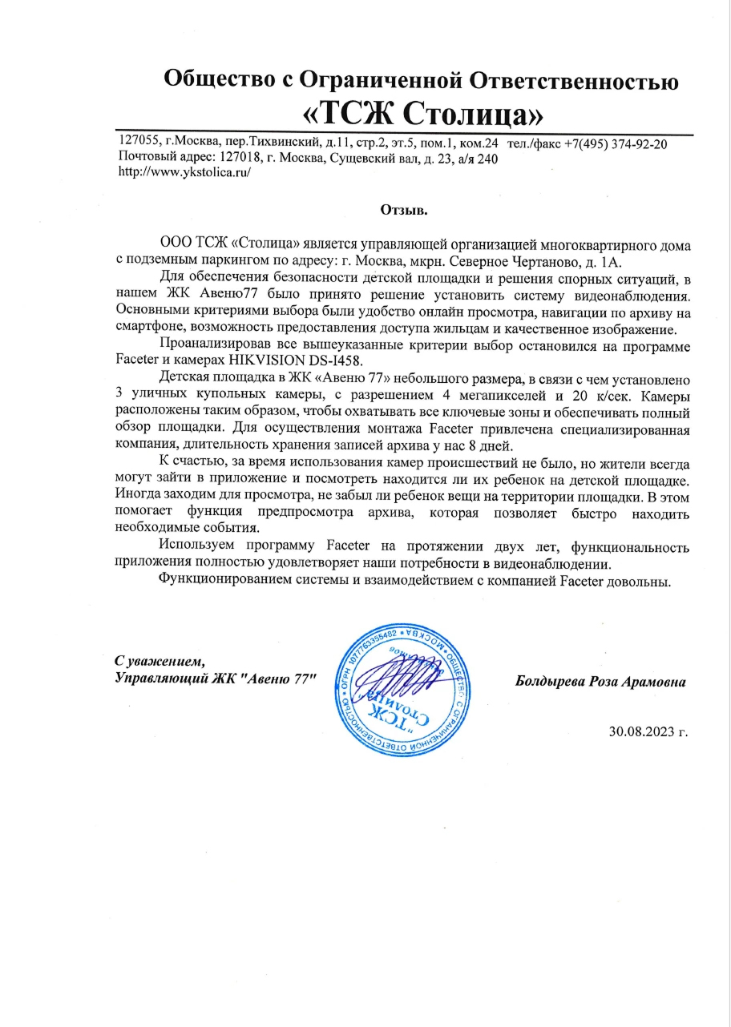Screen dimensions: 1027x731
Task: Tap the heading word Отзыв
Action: coord(405,211)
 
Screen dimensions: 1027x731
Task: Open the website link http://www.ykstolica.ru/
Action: coord(184,172)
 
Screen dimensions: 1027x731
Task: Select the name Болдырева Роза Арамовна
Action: coord(601,683)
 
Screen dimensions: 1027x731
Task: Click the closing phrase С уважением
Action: coord(160,661)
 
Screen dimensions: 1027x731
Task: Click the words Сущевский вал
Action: coord(375,158)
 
